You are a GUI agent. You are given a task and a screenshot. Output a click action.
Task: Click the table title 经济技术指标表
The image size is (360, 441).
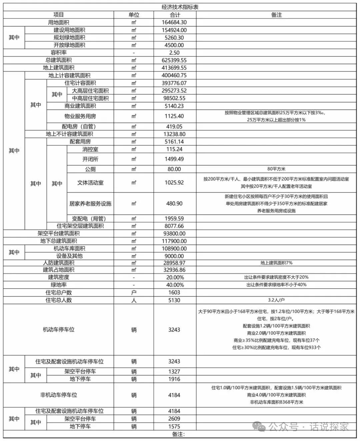(x=180, y=7)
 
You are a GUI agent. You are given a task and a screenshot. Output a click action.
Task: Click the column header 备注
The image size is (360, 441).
(x=276, y=15)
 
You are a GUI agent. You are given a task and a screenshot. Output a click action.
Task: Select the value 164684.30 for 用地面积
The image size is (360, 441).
(x=174, y=22)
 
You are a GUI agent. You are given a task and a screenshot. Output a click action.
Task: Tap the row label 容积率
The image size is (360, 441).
(x=59, y=52)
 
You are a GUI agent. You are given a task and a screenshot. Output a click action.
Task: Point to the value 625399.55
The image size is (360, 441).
(x=174, y=60)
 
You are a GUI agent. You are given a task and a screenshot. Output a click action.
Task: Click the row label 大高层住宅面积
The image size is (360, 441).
(x=90, y=91)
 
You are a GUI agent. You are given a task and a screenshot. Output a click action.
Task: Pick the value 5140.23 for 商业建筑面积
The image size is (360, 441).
(x=174, y=106)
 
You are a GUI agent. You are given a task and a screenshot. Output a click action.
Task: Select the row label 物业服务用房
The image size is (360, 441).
(x=80, y=116)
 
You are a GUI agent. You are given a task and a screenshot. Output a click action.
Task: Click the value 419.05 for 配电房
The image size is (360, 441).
(x=174, y=126)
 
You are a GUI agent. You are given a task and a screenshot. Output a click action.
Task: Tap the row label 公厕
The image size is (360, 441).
(x=90, y=169)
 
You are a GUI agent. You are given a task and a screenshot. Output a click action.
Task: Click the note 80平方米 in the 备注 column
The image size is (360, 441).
(x=276, y=169)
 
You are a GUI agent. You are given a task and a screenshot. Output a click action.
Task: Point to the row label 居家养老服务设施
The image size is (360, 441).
(x=90, y=203)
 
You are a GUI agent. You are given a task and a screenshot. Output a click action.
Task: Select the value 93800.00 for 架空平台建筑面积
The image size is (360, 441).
(x=174, y=234)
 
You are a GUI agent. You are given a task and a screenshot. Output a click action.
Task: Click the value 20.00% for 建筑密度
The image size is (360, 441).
(x=174, y=278)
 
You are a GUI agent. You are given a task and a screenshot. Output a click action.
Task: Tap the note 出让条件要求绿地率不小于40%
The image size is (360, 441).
(x=276, y=285)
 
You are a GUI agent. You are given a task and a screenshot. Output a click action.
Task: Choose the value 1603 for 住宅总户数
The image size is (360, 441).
(x=174, y=293)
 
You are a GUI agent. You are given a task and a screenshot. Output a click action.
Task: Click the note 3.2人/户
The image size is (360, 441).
(x=276, y=300)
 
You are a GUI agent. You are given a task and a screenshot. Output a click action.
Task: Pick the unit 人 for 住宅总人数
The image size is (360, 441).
(x=134, y=300)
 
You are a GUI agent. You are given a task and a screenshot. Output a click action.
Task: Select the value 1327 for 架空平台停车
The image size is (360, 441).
(x=174, y=372)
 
